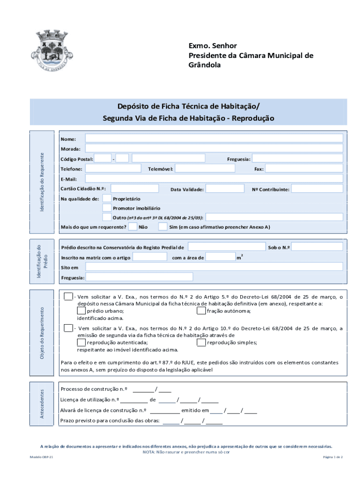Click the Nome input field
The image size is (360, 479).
coord(214,138)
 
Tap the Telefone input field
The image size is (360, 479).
coord(113,168)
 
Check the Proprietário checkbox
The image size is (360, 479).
coord(107,198)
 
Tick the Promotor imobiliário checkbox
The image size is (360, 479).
coord(107,208)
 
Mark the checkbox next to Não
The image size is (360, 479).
coord(133,227)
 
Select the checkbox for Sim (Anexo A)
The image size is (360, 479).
coord(162,227)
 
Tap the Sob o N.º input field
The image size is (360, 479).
coord(317,247)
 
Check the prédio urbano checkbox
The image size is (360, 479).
coord(81,311)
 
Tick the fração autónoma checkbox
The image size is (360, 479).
coord(201,311)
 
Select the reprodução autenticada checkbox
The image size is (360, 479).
coord(81,342)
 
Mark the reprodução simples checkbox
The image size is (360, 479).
coord(201,342)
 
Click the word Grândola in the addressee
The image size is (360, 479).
coord(204,65)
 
